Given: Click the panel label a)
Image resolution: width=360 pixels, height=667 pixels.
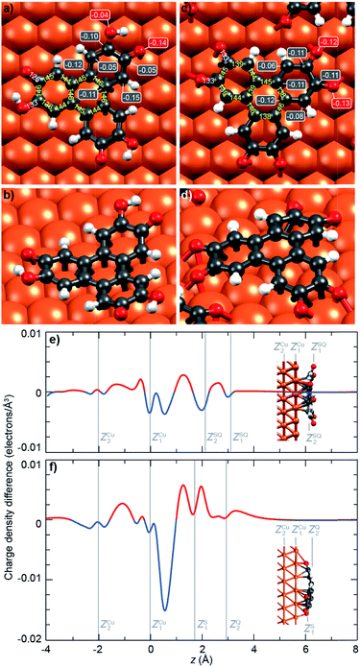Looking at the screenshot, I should point(8,10).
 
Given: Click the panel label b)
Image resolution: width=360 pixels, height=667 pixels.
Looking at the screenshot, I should point(8,198).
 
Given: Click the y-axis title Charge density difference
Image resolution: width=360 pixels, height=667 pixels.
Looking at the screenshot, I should point(9,485).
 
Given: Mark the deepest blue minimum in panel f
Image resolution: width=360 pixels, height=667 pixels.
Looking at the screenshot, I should point(165,609).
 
